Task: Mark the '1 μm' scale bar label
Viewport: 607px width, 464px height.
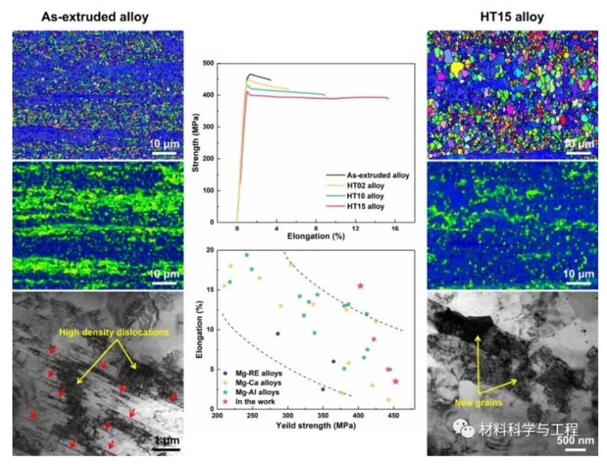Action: (164, 440)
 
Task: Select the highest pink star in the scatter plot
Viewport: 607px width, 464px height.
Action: (360, 286)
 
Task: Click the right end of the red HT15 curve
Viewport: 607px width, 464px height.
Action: (388, 98)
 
